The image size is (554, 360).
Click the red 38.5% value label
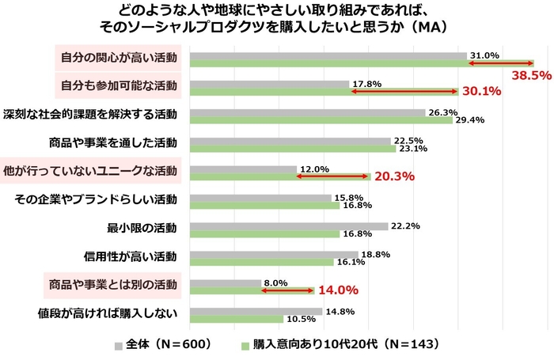(x=531, y=76)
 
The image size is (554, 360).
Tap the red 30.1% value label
(x=481, y=92)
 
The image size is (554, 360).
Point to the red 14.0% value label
(x=338, y=290)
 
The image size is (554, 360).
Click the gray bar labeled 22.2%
(x=288, y=226)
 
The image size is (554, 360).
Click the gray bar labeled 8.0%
(x=225, y=282)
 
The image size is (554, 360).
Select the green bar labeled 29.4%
(x=321, y=120)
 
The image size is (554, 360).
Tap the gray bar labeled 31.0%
(x=328, y=55)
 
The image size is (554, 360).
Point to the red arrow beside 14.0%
(x=287, y=291)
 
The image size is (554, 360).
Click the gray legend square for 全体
(x=120, y=345)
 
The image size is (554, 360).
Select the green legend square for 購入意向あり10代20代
(x=246, y=345)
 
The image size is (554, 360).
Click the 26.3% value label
(x=442, y=112)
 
